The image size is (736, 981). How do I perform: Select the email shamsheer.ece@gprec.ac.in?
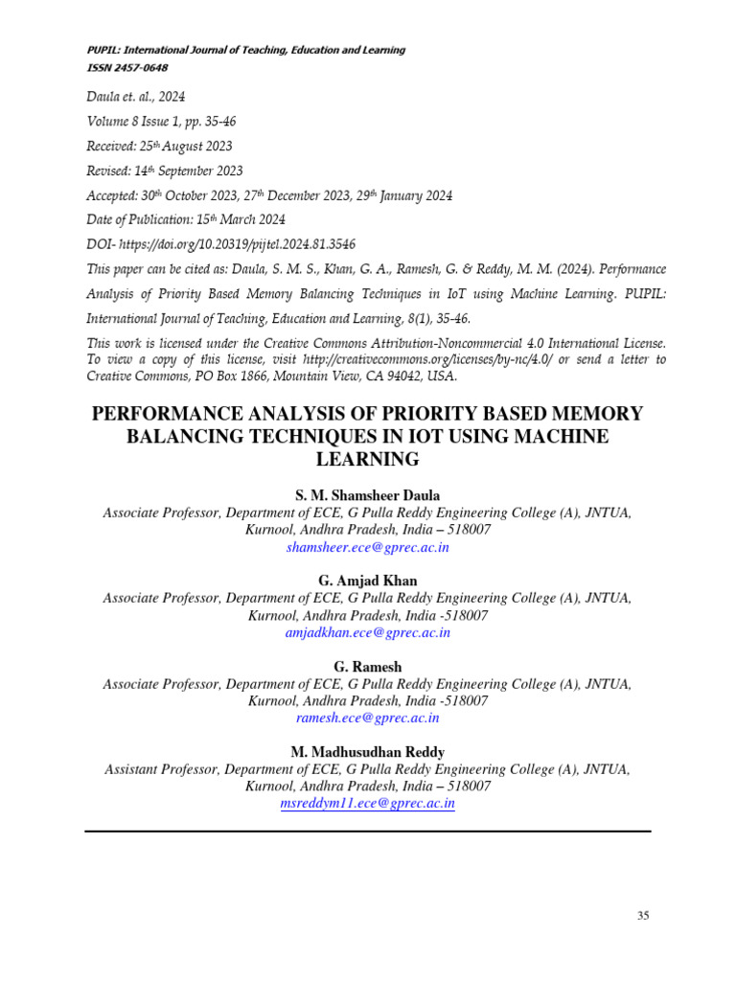point(368,547)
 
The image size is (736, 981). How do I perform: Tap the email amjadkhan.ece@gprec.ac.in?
point(368,632)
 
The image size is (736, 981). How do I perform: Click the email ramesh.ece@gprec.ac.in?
point(368,717)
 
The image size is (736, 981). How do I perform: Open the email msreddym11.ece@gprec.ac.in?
point(368,804)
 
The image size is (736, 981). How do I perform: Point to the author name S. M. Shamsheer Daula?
point(368,495)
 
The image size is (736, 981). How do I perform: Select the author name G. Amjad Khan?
point(368,581)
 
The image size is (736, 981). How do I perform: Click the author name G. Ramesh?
point(368,666)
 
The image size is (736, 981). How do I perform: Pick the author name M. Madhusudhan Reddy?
point(368,752)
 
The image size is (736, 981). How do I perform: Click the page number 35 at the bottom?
point(643,916)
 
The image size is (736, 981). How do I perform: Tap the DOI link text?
point(241,244)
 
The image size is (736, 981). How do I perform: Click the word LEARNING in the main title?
point(368,460)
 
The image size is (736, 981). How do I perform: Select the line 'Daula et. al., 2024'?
point(136,96)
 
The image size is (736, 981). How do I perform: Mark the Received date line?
point(159,146)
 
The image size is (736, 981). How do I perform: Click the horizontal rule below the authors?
point(368,831)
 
